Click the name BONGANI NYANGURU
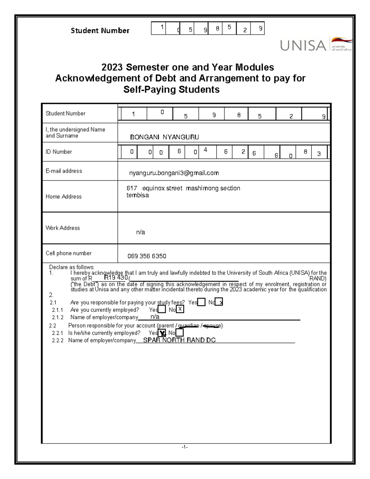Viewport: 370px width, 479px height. [164, 137]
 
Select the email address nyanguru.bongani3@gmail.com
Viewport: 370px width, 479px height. [174, 173]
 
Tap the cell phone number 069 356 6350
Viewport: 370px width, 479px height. [147, 256]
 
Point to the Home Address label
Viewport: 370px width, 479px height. [64, 197]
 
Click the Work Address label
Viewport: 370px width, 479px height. [63, 228]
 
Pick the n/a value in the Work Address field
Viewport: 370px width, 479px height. [141, 232]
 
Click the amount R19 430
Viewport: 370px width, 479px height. [116, 278]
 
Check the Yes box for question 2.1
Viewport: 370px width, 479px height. [201, 302]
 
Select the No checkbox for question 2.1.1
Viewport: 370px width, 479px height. [180, 310]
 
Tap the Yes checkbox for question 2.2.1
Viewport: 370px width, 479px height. [162, 333]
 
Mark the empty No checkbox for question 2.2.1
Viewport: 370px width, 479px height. [179, 333]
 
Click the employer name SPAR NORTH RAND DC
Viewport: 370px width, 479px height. [179, 340]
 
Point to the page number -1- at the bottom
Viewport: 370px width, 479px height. [185, 447]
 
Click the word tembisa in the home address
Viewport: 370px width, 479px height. [138, 195]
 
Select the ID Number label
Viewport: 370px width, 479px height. [59, 152]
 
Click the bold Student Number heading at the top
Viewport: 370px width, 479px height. [100, 31]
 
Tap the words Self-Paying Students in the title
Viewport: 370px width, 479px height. [171, 90]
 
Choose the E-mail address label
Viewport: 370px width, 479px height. [64, 171]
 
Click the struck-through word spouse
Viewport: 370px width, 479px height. [212, 326]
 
